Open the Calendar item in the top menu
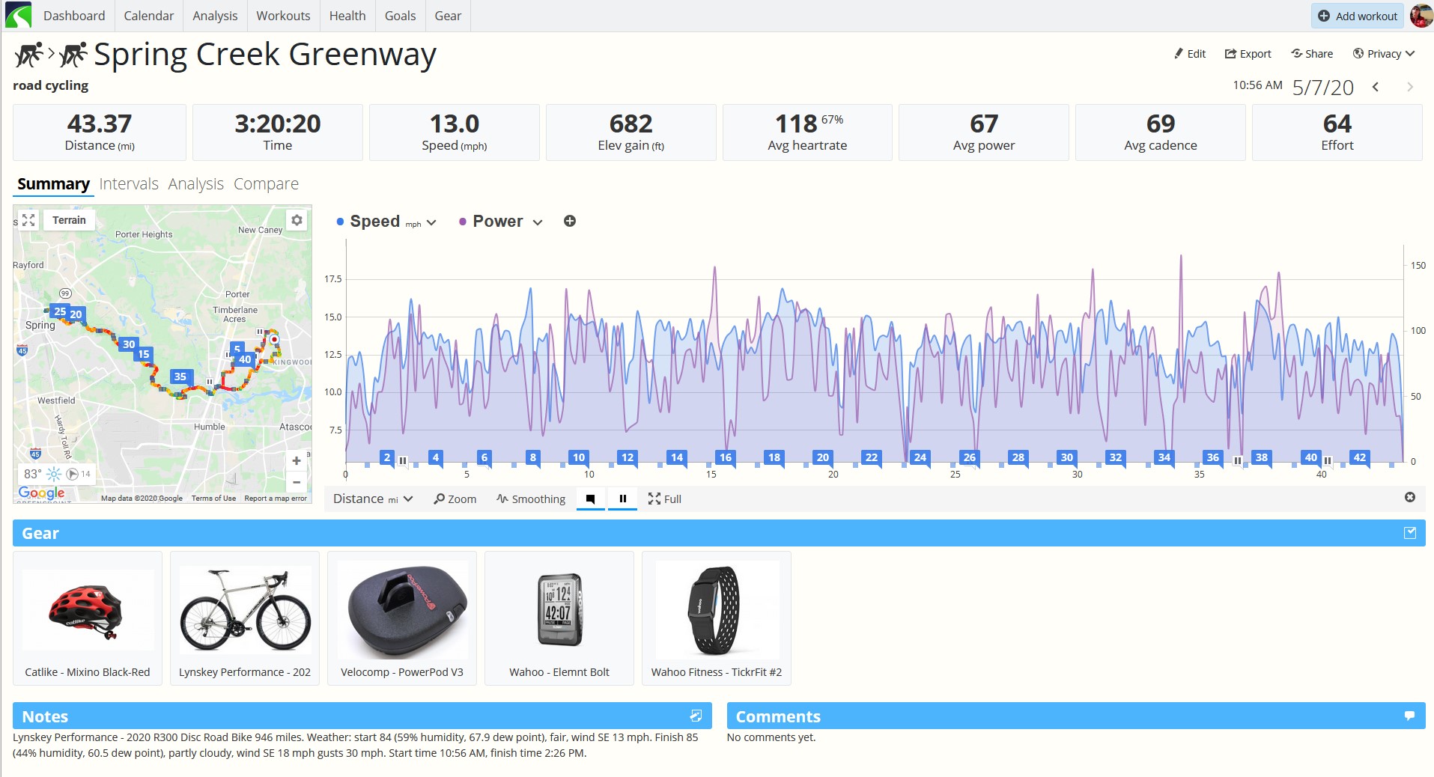pos(148,16)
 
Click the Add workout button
pos(1357,16)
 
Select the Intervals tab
pos(129,184)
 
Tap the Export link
pos(1248,54)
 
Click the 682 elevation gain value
pos(631,124)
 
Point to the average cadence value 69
pos(1160,124)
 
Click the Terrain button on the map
pos(69,220)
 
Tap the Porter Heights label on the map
pos(144,234)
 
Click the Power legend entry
pos(497,222)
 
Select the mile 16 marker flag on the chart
pos(725,457)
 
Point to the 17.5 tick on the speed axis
pos(332,279)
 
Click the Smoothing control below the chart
pos(531,499)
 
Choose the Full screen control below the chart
pos(664,499)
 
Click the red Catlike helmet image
pos(88,611)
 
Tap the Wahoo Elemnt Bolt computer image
pos(559,609)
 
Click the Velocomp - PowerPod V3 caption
pos(402,672)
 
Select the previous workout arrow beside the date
pos(1376,87)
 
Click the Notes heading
pos(45,716)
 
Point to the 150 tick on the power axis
pos(1418,265)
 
